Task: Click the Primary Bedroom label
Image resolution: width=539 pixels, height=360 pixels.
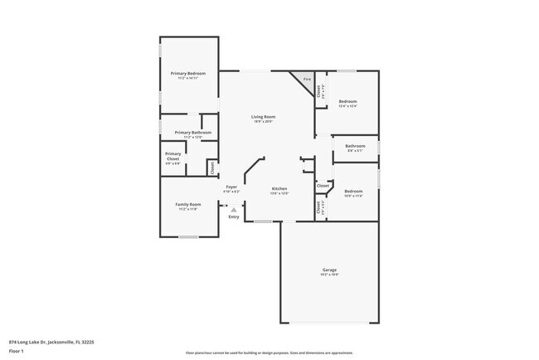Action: pyautogui.click(x=188, y=73)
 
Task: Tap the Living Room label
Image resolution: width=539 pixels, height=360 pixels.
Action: pyautogui.click(x=263, y=116)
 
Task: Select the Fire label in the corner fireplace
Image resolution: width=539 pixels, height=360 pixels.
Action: pyautogui.click(x=306, y=79)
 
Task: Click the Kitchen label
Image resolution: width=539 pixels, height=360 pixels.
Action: pyautogui.click(x=279, y=188)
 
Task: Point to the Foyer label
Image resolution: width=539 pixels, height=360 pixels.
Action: pyautogui.click(x=231, y=187)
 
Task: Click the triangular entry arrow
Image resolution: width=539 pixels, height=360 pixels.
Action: pyautogui.click(x=234, y=210)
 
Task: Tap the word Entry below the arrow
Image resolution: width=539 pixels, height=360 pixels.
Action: pyautogui.click(x=234, y=217)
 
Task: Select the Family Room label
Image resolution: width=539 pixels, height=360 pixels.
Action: pyautogui.click(x=187, y=204)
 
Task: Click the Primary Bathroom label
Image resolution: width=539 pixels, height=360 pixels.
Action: pyautogui.click(x=192, y=133)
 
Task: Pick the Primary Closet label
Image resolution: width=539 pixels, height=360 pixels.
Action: pyautogui.click(x=173, y=156)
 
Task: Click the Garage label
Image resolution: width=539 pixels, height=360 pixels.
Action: pyautogui.click(x=329, y=270)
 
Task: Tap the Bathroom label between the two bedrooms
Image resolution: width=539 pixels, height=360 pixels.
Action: pyautogui.click(x=356, y=145)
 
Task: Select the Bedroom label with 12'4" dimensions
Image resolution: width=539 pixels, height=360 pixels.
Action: pyautogui.click(x=348, y=101)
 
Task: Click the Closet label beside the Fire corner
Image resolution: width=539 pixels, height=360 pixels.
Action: pyautogui.click(x=320, y=91)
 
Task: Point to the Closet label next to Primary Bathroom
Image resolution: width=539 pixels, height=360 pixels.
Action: pyautogui.click(x=212, y=168)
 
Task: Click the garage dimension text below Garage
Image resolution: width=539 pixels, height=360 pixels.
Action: pyautogui.click(x=329, y=275)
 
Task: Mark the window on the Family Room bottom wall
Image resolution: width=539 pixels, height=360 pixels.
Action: pyautogui.click(x=189, y=237)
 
